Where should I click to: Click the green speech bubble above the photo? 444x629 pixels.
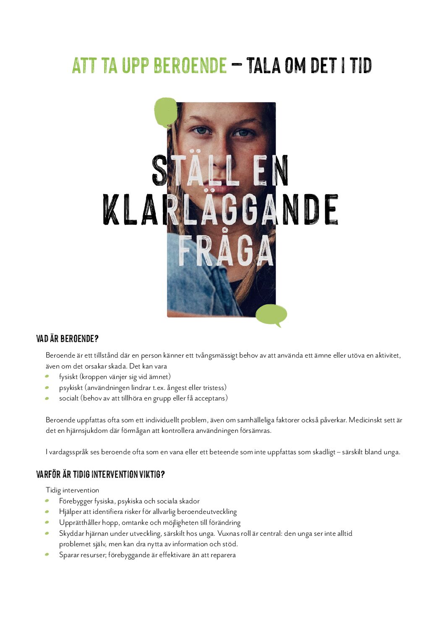166,111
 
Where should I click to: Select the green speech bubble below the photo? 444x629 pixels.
271,315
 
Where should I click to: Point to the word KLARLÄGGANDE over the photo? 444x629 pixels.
221,210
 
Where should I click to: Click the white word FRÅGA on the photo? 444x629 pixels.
225,251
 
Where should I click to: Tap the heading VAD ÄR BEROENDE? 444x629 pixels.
67,339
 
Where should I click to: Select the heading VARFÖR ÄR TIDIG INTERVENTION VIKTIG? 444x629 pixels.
100,474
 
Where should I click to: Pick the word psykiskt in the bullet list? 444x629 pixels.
71,388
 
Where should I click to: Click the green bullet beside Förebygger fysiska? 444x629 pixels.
47,501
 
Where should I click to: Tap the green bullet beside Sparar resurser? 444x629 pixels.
47,555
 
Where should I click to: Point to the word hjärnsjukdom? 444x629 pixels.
87,431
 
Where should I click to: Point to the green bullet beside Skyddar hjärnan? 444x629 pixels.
47,533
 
